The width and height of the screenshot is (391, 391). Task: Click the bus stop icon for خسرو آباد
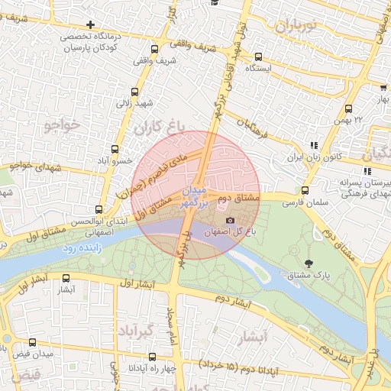point(115,149)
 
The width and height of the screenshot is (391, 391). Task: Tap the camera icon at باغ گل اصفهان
point(230,221)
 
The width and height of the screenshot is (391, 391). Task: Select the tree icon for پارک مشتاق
point(308,263)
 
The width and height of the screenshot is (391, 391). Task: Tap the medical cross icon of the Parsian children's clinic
point(91,25)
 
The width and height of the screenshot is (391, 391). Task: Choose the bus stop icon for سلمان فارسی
point(305,191)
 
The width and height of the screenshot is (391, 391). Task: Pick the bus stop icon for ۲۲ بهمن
point(349,108)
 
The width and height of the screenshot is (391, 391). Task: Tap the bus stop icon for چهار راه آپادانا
point(152,356)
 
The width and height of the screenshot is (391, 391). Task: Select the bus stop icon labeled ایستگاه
point(258,57)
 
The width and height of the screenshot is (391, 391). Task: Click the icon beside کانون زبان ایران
point(312,144)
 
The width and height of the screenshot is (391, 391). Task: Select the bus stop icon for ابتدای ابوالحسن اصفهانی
point(98,209)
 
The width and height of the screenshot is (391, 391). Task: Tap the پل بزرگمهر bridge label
point(183,247)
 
